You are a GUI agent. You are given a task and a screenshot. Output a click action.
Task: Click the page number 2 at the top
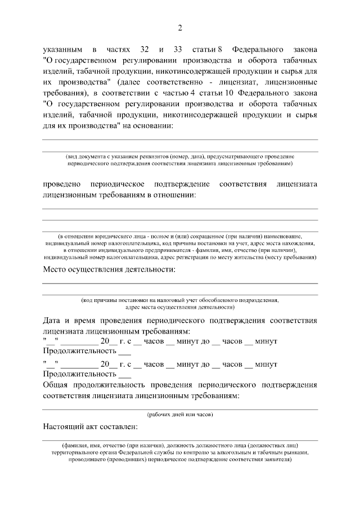(x=180, y=28)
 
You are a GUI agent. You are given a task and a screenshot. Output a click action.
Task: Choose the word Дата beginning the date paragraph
(x=53, y=320)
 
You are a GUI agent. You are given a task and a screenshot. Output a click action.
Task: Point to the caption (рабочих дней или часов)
(x=180, y=415)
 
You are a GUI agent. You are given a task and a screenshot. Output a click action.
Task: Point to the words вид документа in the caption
(x=86, y=156)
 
